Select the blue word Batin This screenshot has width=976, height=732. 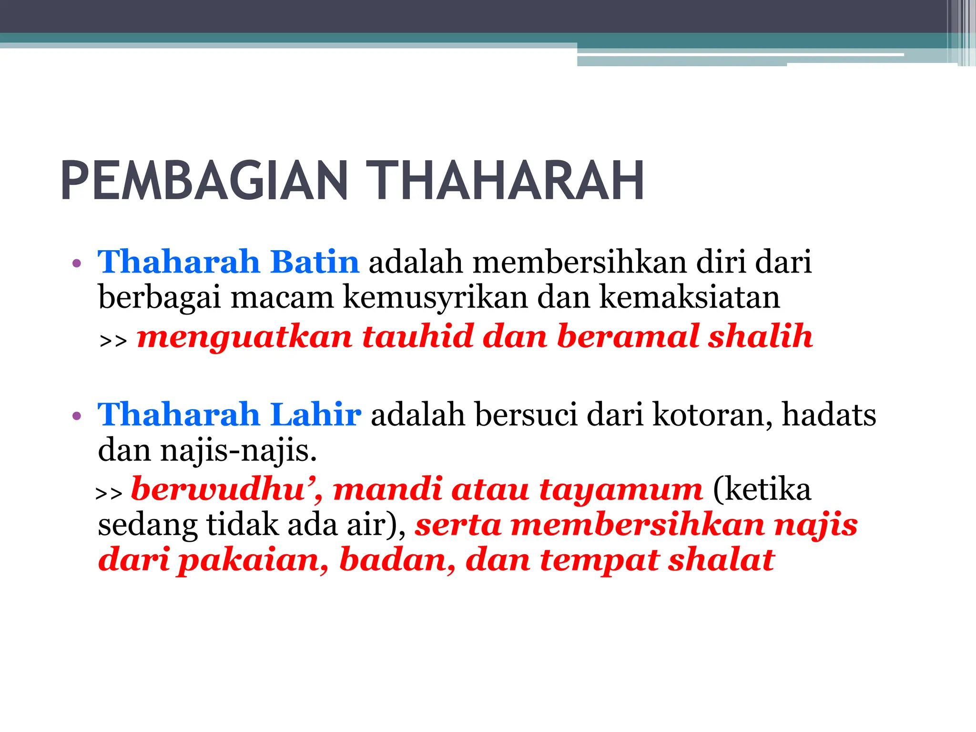click(x=315, y=262)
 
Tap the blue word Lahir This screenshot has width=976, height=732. click(x=315, y=414)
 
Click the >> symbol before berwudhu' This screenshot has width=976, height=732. click(x=109, y=493)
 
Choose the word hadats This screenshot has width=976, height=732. click(x=829, y=414)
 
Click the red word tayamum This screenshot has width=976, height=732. click(x=621, y=490)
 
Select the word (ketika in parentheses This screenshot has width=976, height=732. click(x=762, y=489)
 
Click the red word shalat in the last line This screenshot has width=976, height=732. click(x=721, y=559)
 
